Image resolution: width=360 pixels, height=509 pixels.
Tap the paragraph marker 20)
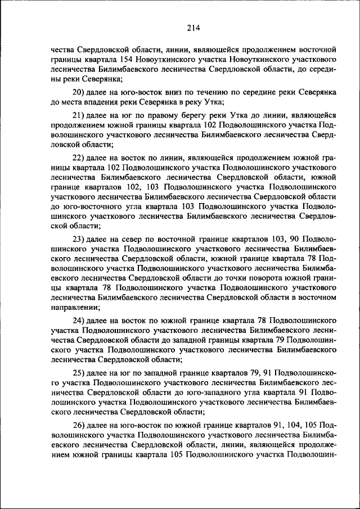[x=80, y=92]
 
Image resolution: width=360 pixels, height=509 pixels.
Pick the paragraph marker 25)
[x=80, y=373]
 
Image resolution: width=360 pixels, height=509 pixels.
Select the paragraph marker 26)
[x=80, y=426]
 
